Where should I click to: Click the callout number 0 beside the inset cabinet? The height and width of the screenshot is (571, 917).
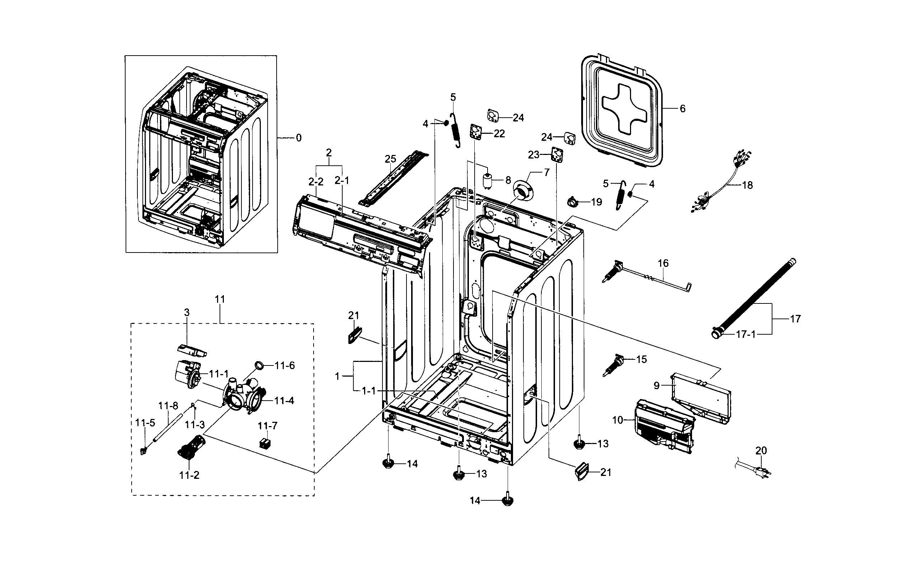click(x=299, y=138)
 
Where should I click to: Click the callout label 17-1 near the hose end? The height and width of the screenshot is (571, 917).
click(x=746, y=334)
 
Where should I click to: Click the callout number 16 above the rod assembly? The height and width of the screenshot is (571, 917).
click(x=663, y=263)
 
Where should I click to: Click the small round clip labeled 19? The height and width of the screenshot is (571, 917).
click(x=573, y=202)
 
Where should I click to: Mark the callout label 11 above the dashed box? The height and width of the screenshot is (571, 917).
click(x=220, y=299)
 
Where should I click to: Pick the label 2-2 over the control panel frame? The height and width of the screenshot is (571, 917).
click(x=316, y=181)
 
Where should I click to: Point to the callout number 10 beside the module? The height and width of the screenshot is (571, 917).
click(x=617, y=420)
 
